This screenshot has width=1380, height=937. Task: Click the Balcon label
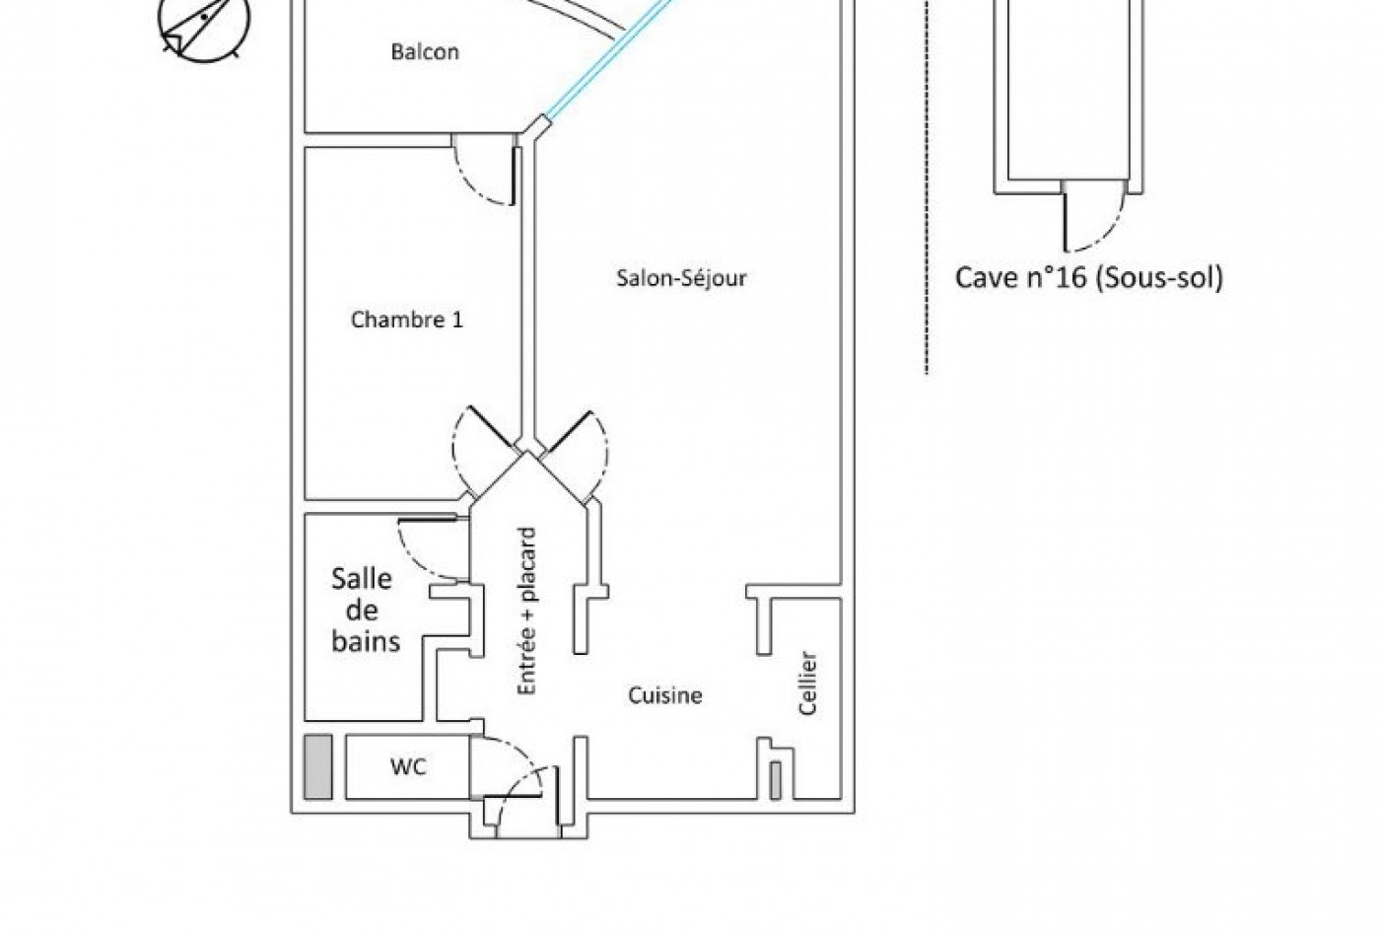(425, 51)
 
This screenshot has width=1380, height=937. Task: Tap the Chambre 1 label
(406, 320)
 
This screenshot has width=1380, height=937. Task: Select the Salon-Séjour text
(681, 278)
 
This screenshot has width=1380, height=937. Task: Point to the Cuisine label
(664, 695)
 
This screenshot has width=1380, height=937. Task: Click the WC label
(408, 767)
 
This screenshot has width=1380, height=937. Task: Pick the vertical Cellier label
(807, 683)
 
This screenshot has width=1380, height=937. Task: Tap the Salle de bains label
(366, 611)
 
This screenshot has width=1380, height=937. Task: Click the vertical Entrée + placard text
(526, 611)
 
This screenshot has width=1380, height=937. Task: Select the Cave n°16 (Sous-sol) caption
(1088, 277)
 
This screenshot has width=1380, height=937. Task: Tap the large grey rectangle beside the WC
(317, 767)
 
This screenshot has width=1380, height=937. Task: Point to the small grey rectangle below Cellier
(776, 780)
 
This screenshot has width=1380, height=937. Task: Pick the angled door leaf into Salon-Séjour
(566, 430)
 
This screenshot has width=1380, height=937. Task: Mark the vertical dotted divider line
(927, 186)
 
